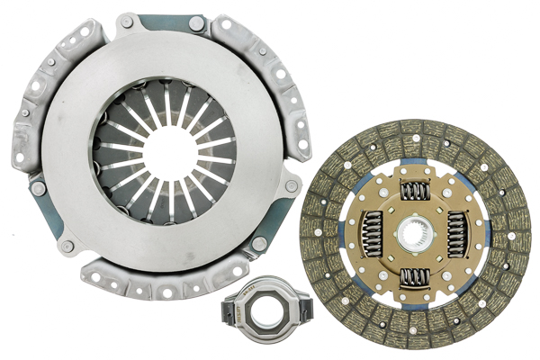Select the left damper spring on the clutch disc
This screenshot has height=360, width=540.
click(x=370, y=237)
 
